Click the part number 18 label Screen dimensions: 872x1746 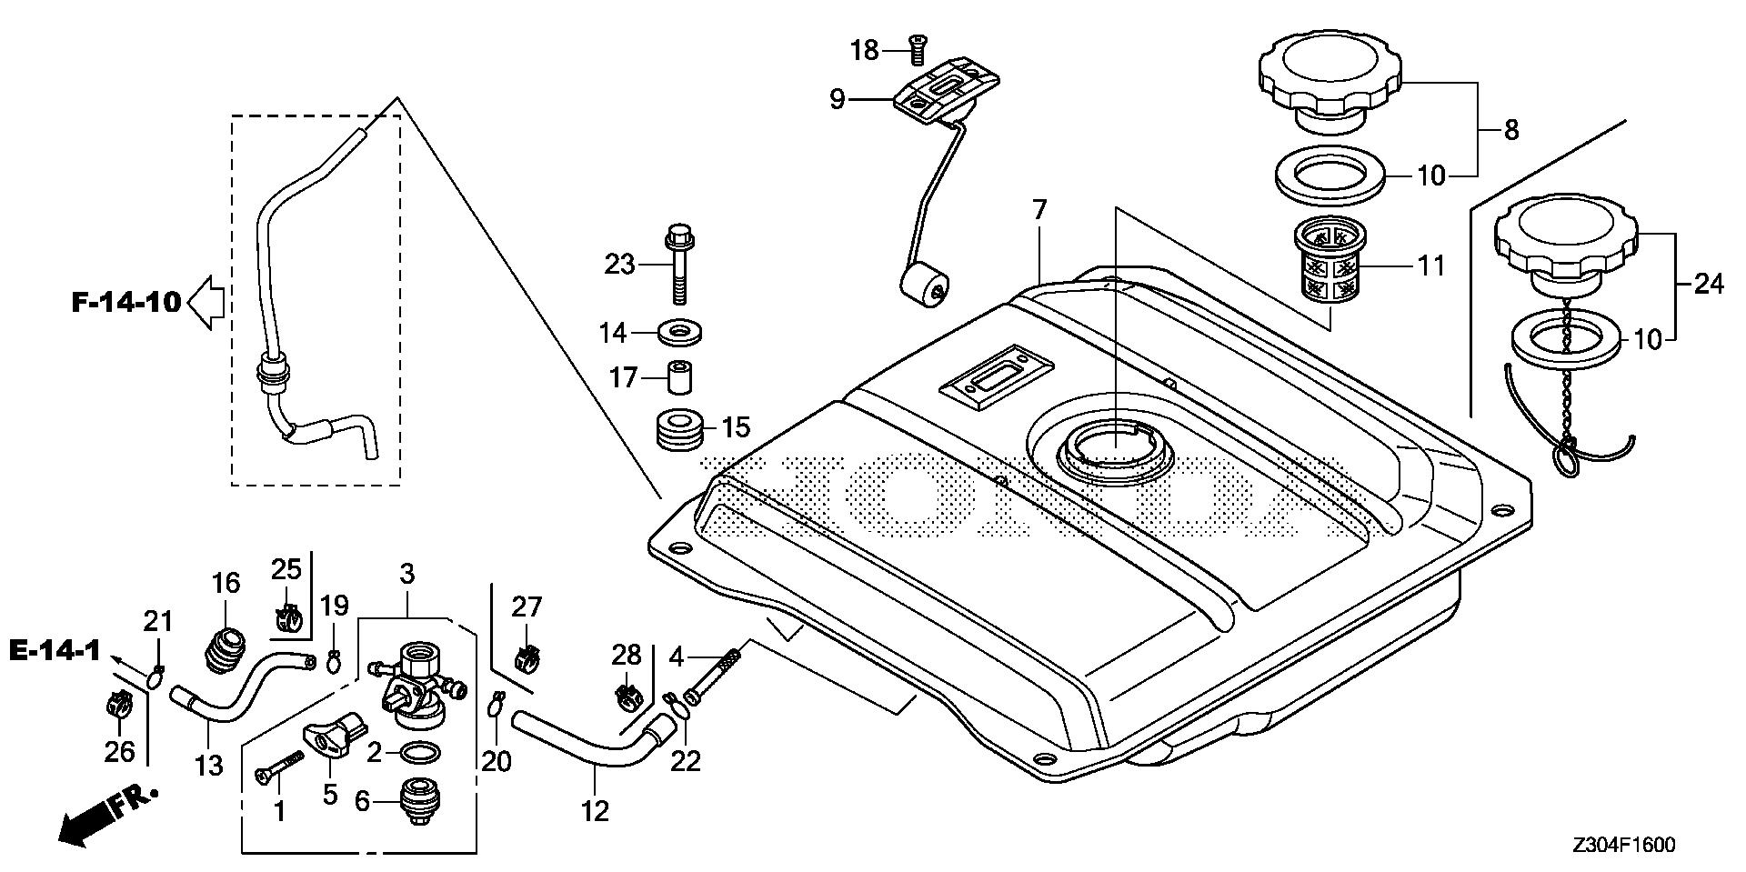point(865,51)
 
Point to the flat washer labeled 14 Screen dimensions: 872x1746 point(678,333)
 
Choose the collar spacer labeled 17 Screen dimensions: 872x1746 point(678,377)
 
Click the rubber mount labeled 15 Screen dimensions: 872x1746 point(679,430)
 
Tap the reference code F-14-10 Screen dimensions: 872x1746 point(126,302)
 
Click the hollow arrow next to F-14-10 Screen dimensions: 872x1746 point(206,302)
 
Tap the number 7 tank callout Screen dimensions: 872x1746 point(1039,211)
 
